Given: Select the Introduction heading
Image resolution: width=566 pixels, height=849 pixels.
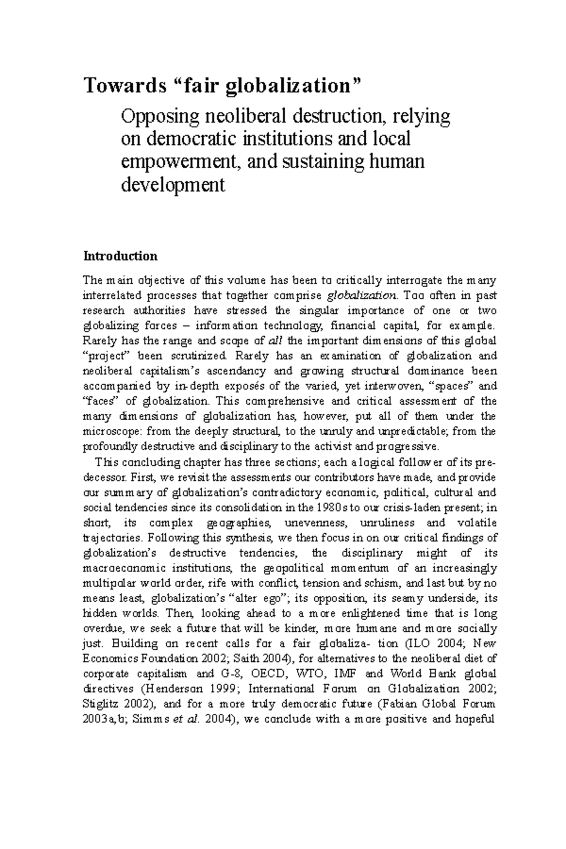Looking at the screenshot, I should click(x=120, y=256).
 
